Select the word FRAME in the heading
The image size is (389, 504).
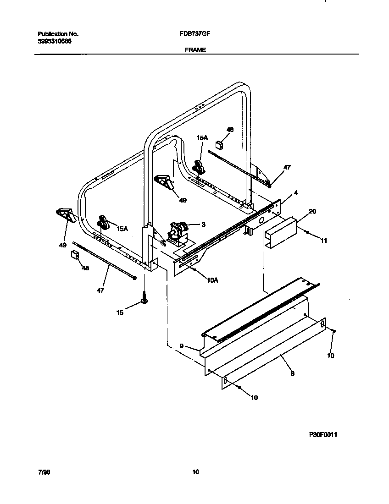tap(195, 50)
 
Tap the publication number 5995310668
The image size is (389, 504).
tap(54, 41)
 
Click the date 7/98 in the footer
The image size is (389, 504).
tap(44, 472)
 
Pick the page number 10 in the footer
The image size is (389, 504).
tap(195, 472)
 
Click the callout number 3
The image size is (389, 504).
tap(203, 225)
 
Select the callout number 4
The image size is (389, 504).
tap(296, 193)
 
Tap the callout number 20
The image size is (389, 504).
tap(312, 211)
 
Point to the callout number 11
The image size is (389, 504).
tap(324, 240)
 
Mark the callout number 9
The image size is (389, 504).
tap(182, 346)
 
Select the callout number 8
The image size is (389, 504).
tap(292, 373)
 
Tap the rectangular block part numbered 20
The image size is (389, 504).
tap(281, 233)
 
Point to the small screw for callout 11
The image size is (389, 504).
tap(306, 233)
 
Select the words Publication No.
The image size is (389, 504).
tap(58, 34)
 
